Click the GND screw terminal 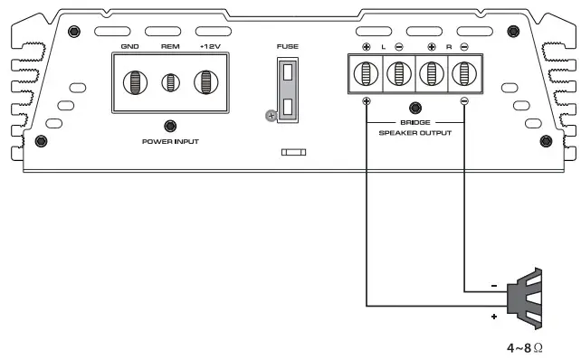(132, 82)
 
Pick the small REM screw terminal (170, 83)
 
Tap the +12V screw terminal (208, 82)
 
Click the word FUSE (287, 46)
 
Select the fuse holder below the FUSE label (287, 90)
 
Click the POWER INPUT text (170, 142)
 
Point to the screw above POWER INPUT (170, 127)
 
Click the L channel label (383, 46)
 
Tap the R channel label (448, 46)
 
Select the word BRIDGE (415, 122)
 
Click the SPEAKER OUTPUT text (415, 133)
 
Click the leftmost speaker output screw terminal (366, 73)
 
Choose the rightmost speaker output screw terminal (464, 73)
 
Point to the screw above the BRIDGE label (415, 109)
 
